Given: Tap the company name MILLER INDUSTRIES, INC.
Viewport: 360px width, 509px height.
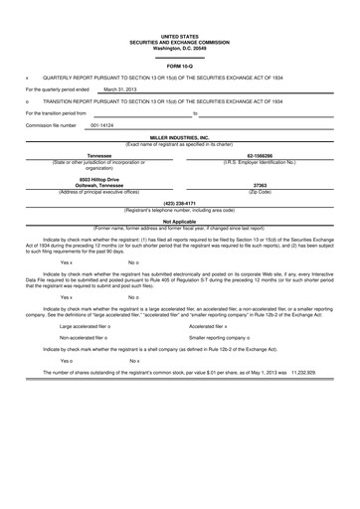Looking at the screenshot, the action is (x=179, y=137).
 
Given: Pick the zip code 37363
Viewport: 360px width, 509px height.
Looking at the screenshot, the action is (x=261, y=184).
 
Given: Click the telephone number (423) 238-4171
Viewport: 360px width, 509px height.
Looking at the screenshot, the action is (x=179, y=203).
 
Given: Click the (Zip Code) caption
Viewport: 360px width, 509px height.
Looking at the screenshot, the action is (x=261, y=191).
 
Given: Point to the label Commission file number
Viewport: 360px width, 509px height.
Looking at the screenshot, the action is (x=51, y=125).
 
